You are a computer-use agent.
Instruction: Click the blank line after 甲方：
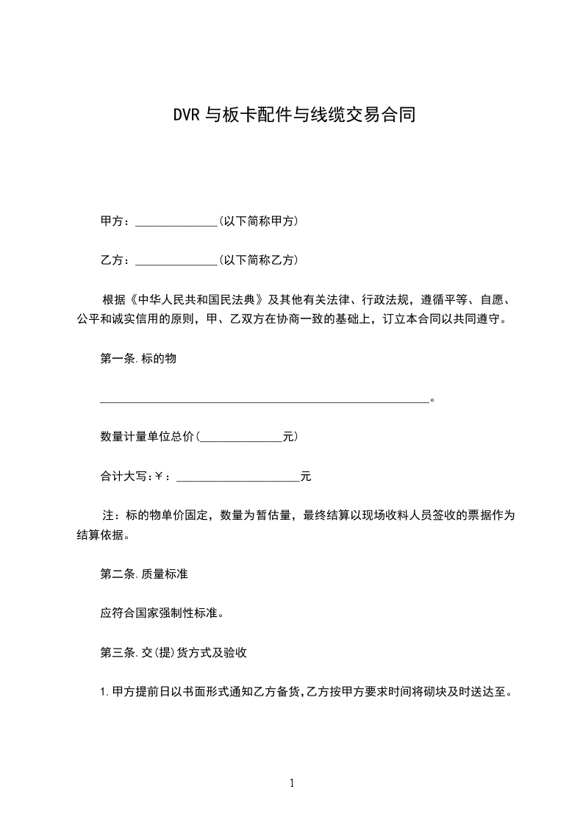[176, 221]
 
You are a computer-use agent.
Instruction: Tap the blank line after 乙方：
[176, 260]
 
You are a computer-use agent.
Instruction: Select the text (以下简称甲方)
[258, 221]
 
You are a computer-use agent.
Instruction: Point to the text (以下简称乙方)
[258, 260]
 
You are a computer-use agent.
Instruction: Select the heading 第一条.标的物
[137, 360]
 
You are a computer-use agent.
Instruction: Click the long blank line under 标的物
[264, 401]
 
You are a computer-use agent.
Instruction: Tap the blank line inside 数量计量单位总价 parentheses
[241, 437]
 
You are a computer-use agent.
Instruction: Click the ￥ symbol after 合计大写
[158, 476]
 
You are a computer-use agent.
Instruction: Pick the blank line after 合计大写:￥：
[238, 477]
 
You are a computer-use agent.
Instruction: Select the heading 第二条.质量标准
[143, 574]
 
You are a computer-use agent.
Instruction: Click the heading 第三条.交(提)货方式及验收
[177, 652]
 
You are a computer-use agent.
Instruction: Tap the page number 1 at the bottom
[292, 783]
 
